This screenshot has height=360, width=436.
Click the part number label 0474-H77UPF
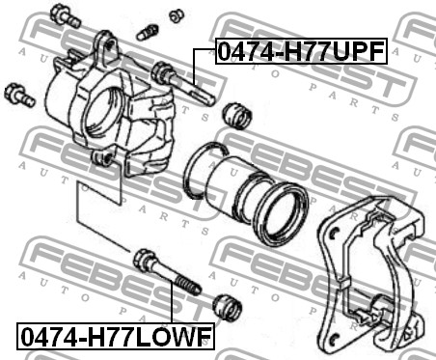pyautogui.click(x=301, y=51)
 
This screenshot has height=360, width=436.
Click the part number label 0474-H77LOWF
pyautogui.click(x=116, y=336)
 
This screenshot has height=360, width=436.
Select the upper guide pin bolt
pyautogui.click(x=182, y=83)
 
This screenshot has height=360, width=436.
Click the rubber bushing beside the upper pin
pyautogui.click(x=237, y=116)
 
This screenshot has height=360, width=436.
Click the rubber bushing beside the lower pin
pyautogui.click(x=228, y=307)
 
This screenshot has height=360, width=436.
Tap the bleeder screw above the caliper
pyautogui.click(x=148, y=33)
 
